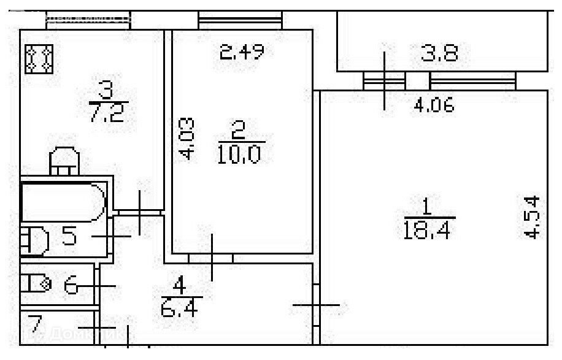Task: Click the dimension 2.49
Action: pos(242,53)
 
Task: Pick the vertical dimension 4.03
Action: pos(188,139)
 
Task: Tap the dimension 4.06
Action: pos(433,106)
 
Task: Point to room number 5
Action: pos(69,235)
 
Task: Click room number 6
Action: pos(71,285)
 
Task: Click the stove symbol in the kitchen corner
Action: pos(39,58)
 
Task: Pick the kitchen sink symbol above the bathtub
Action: pos(64,160)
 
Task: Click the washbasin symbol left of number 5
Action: pos(34,240)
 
